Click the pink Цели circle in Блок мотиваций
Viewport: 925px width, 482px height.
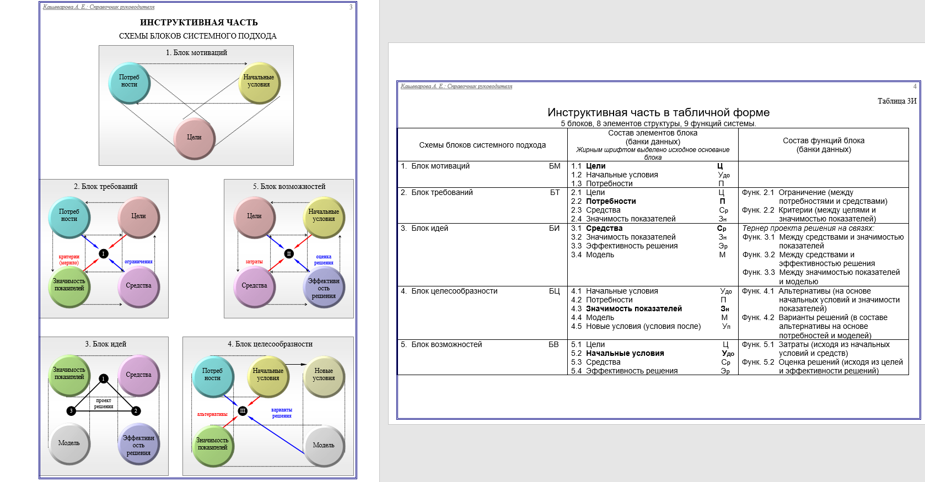click(194, 138)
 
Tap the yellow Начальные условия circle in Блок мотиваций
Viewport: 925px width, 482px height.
click(259, 82)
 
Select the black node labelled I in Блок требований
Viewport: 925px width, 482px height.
click(103, 253)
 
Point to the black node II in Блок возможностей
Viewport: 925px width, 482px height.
click(288, 253)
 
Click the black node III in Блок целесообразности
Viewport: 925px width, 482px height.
click(243, 411)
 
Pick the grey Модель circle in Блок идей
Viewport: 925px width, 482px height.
click(69, 443)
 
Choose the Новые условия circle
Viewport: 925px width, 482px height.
click(324, 375)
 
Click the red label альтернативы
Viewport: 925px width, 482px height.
click(212, 414)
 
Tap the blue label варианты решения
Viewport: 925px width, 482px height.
click(282, 413)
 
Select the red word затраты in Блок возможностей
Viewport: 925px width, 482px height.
click(254, 262)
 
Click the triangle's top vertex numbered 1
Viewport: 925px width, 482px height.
click(103, 378)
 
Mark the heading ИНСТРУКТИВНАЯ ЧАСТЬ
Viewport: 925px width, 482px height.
click(198, 23)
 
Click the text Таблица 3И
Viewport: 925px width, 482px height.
click(896, 101)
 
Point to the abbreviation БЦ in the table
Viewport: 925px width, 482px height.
click(554, 291)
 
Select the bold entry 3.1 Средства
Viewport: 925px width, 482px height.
click(604, 228)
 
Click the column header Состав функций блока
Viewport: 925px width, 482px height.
click(823, 140)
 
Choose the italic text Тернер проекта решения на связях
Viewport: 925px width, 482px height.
click(808, 228)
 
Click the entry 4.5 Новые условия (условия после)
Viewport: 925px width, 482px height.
click(643, 326)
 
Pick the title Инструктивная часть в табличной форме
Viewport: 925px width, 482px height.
click(658, 112)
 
